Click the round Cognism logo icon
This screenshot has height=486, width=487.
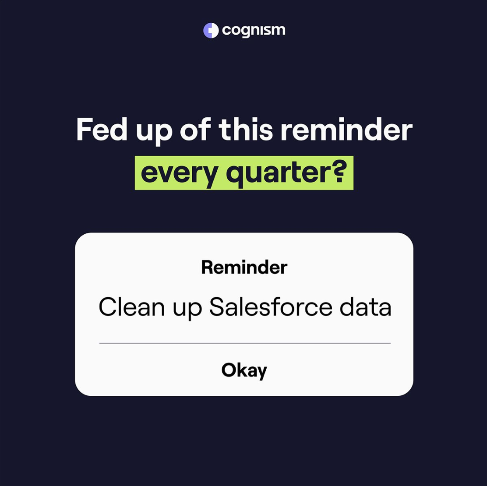click(211, 31)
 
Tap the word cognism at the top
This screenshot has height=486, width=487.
click(254, 31)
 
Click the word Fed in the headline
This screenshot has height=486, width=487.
click(102, 129)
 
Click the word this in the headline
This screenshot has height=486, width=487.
click(246, 129)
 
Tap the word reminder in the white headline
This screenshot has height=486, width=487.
click(346, 129)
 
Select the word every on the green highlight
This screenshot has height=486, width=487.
click(179, 174)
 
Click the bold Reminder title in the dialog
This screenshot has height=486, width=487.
click(244, 267)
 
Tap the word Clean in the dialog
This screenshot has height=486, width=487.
click(132, 307)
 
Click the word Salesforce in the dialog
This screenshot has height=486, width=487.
click(271, 307)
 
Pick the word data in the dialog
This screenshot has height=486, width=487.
click(365, 307)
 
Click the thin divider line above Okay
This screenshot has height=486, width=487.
click(245, 343)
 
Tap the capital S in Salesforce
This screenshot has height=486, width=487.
click(217, 307)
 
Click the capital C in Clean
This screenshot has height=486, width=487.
click(107, 307)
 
